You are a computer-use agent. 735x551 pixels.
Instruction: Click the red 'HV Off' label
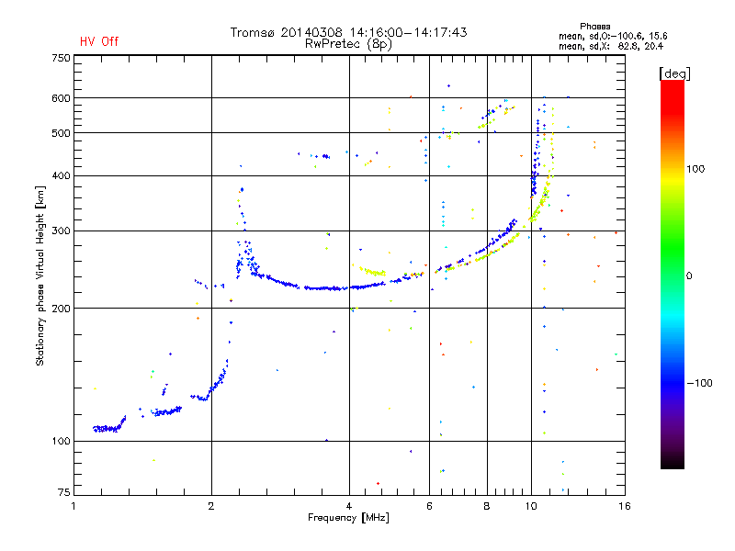click(99, 41)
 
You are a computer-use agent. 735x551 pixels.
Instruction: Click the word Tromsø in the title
click(252, 32)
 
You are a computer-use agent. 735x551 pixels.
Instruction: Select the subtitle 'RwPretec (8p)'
click(348, 44)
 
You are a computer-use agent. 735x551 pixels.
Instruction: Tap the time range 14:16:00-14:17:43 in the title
click(408, 32)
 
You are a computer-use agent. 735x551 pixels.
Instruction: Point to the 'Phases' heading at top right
click(594, 27)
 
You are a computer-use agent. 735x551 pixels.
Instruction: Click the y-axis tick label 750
click(62, 58)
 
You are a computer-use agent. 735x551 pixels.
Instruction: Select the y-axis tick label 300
click(62, 231)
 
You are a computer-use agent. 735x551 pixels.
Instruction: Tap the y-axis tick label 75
click(64, 492)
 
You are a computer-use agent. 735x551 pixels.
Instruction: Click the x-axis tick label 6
click(429, 506)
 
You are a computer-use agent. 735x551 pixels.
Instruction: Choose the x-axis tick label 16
click(625, 506)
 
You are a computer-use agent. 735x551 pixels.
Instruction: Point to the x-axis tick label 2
click(211, 506)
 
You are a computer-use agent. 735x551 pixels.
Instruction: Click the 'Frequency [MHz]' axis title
click(348, 518)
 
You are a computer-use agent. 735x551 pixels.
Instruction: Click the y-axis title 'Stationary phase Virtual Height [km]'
click(40, 276)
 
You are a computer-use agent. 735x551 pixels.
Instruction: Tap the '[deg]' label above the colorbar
click(674, 73)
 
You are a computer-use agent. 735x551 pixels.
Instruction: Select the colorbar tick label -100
click(699, 383)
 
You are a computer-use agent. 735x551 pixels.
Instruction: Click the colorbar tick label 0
click(689, 276)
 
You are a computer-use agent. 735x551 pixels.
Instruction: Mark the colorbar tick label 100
click(695, 169)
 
